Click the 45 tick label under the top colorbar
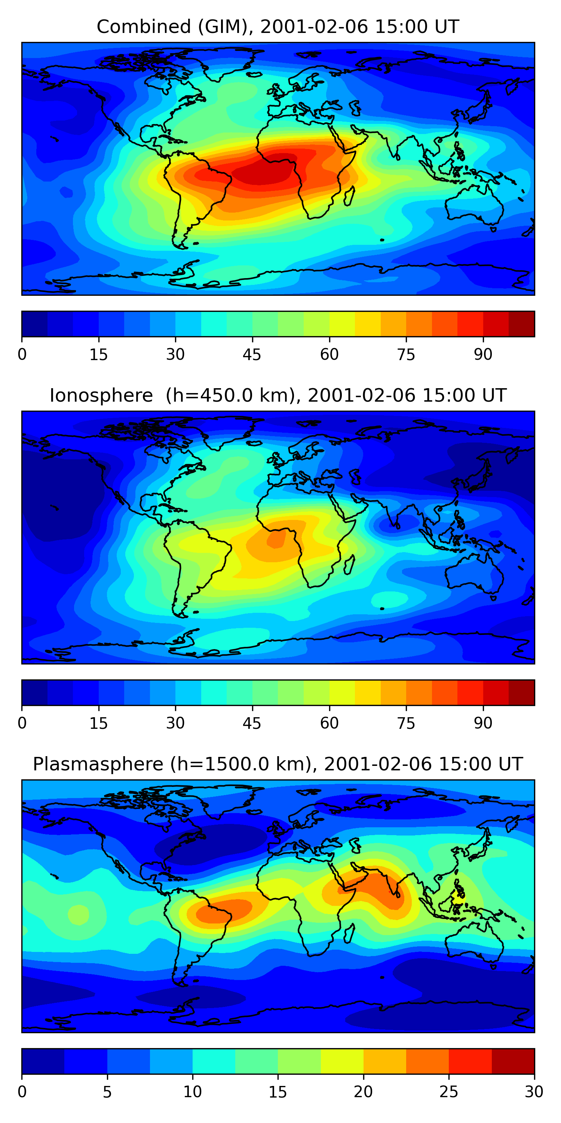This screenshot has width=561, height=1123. (252, 354)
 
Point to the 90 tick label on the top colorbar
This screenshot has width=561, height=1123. (483, 354)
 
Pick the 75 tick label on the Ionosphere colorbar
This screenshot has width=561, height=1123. (406, 723)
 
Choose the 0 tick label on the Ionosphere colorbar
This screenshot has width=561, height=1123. (22, 723)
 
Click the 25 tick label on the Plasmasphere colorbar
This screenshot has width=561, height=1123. (449, 1092)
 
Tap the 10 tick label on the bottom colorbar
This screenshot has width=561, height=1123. (192, 1092)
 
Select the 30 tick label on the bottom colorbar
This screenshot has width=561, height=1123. (534, 1092)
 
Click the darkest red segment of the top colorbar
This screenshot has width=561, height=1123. (521, 324)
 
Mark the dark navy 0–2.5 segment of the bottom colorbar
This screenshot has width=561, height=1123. (43, 1061)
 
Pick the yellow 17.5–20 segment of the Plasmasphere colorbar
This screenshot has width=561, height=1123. (342, 1061)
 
